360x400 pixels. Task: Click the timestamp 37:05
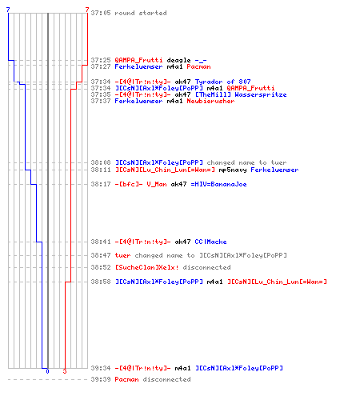point(101,13)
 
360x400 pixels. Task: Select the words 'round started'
point(141,13)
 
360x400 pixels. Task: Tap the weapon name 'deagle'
point(178,61)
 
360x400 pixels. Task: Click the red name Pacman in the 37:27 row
point(198,66)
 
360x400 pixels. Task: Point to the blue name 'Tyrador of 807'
point(223,82)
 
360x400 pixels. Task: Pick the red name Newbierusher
point(210,101)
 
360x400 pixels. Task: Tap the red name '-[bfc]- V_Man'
point(141,184)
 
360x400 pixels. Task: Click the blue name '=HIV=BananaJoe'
point(218,184)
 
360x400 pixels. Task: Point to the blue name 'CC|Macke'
point(210,242)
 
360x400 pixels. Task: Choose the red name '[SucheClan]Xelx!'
point(146,267)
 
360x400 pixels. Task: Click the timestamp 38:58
point(101,282)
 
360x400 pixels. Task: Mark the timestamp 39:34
point(101,368)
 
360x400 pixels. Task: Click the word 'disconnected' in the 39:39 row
point(166,379)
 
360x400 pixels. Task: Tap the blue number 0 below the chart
point(47,371)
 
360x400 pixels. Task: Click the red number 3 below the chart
point(65,371)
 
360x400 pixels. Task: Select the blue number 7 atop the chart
point(8,10)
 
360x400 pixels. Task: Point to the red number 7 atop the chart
point(87,10)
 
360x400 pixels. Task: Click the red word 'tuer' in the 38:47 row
point(122,255)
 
